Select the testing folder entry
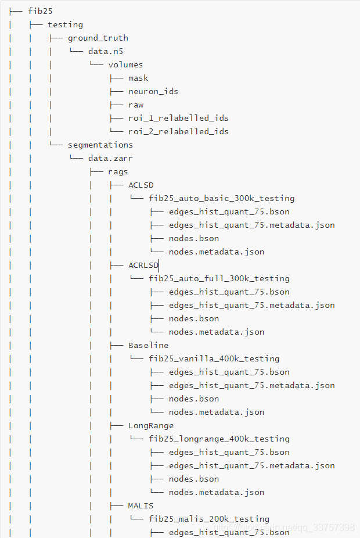tap(65, 24)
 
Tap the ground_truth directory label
tap(98, 38)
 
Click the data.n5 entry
tap(106, 51)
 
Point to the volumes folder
tap(125, 64)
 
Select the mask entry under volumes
tap(138, 78)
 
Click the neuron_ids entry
tap(153, 91)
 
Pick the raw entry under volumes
tap(136, 105)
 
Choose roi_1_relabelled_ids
tap(178, 118)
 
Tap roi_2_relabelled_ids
tap(178, 131)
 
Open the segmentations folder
tap(100, 145)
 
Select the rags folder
tap(118, 171)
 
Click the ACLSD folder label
tap(141, 185)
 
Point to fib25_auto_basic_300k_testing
tap(221, 198)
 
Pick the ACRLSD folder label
tap(143, 265)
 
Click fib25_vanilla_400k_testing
tap(214, 358)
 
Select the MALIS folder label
tap(141, 505)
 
